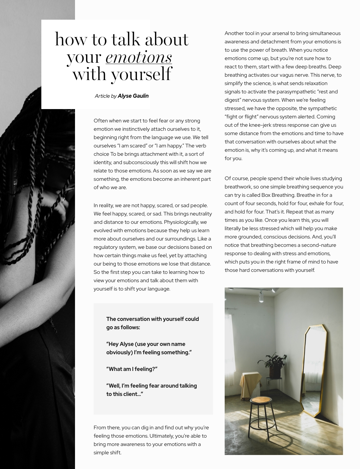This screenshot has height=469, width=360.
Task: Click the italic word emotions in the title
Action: [139, 57]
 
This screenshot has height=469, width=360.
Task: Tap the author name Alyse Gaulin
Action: [133, 96]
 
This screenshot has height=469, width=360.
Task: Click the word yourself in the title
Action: [141, 74]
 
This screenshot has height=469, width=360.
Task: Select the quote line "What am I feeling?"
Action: [132, 369]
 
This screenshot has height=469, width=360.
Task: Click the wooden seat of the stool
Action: [261, 400]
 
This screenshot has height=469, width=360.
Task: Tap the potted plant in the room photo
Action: [274, 364]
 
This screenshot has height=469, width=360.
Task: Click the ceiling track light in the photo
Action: [261, 296]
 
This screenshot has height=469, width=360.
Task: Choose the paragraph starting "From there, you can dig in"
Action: [151, 440]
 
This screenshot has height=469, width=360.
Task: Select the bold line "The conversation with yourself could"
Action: [152, 319]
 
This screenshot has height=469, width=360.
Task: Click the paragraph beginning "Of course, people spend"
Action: [284, 224]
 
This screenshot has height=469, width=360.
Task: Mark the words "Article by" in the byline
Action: [105, 96]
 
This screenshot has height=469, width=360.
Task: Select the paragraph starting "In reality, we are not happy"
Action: [153, 247]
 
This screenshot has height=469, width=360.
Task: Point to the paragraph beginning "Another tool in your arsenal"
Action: [284, 96]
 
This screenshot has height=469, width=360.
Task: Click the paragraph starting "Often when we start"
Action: [152, 154]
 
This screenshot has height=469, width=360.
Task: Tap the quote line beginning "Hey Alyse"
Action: [149, 348]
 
